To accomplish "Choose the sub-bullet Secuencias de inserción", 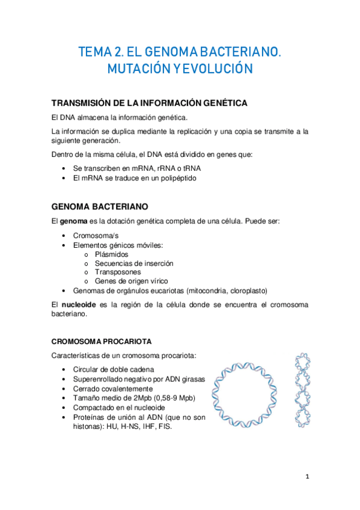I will point(134,263).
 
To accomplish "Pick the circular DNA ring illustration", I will point(249,394).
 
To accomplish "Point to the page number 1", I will point(307,477).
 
